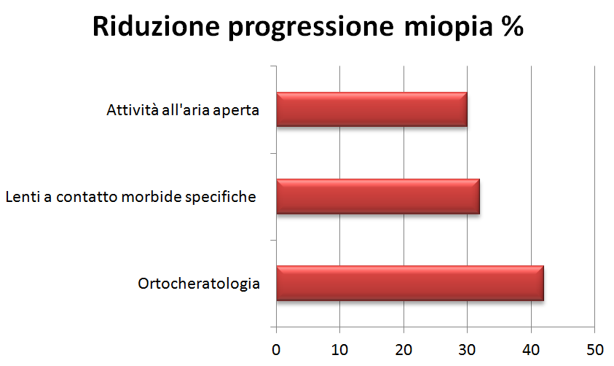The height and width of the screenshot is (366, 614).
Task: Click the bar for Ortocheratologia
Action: [x=410, y=284]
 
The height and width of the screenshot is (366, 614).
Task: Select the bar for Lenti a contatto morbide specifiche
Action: [x=378, y=196]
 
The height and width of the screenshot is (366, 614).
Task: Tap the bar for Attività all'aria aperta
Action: [x=371, y=109]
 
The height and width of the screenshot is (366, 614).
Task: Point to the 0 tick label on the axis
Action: [x=276, y=350]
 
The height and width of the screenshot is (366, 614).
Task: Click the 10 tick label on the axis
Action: [x=339, y=350]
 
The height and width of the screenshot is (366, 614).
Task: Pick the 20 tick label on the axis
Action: [x=404, y=350]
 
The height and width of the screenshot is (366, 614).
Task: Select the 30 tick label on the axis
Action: [x=467, y=350]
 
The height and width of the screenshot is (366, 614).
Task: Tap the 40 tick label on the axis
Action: [x=531, y=350]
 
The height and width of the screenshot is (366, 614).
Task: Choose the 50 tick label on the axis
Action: [x=595, y=350]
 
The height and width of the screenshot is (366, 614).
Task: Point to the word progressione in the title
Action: [x=311, y=28]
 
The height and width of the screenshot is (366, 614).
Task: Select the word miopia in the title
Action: [x=448, y=28]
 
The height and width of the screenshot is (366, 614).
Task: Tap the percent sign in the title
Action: [x=512, y=26]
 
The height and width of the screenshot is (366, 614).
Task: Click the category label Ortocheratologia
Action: [x=199, y=284]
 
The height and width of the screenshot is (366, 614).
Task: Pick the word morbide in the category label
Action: [x=151, y=196]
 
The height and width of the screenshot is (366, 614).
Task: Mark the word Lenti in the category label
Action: [x=23, y=196]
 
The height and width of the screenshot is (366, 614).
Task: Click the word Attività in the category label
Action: [x=132, y=109]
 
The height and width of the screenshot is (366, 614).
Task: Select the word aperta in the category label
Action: [x=236, y=111]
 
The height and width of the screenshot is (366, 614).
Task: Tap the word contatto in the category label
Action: [x=86, y=197]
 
